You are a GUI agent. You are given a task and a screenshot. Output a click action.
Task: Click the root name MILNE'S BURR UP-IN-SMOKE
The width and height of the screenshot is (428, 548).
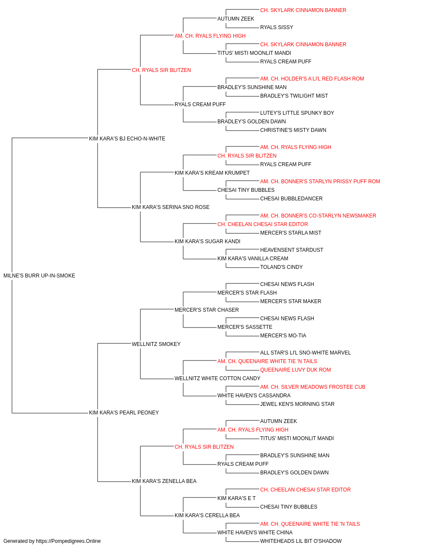(39, 276)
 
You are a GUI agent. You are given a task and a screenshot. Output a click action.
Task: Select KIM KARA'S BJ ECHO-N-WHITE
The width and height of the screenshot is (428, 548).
(127, 139)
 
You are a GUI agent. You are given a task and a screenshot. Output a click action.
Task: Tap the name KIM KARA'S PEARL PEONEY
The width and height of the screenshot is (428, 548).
(124, 413)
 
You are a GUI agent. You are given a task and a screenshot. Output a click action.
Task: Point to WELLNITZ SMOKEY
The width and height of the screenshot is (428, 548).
(156, 344)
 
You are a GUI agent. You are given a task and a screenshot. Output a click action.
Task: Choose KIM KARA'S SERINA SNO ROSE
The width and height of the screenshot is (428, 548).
(171, 207)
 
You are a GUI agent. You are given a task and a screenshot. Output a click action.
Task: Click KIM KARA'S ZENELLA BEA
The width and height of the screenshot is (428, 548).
(164, 481)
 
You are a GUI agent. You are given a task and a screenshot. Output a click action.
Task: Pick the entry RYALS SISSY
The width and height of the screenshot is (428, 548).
(276, 27)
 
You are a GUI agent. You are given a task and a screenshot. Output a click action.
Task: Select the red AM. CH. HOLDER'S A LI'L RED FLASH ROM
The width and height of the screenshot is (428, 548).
(312, 79)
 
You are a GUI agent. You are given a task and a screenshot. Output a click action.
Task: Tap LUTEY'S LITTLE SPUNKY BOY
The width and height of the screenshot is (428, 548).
(297, 113)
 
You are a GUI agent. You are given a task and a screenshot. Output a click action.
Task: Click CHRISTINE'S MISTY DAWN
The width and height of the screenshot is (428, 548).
(293, 130)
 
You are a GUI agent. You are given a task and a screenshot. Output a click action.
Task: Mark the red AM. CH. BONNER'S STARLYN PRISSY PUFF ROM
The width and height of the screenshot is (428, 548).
(320, 182)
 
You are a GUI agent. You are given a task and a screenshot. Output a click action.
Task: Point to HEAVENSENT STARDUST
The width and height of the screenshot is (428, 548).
(291, 250)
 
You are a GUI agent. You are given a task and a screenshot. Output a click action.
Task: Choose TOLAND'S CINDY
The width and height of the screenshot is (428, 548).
(281, 267)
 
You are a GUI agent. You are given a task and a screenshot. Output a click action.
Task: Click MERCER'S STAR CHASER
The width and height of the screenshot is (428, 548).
(207, 310)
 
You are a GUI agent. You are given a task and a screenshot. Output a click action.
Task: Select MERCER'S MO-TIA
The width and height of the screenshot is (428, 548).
(283, 336)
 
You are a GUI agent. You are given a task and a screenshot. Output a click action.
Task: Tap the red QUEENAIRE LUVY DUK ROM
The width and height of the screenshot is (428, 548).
(295, 370)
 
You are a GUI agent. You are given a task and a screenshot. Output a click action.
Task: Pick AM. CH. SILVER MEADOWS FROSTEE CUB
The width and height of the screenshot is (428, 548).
(313, 387)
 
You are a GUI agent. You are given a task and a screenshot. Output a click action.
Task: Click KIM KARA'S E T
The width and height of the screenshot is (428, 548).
(236, 498)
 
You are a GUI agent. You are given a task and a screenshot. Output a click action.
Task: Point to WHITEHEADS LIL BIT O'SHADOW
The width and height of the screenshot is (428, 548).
(301, 541)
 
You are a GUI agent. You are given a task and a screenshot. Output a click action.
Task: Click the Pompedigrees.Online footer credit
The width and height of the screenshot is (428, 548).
(52, 541)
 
